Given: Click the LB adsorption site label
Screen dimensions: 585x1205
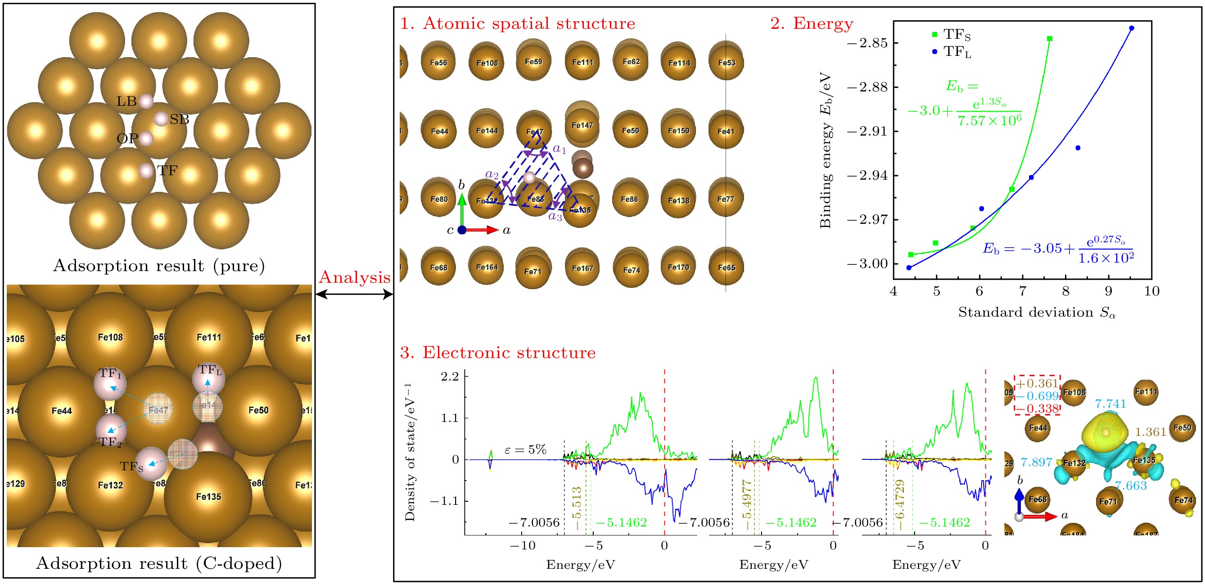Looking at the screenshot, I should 126,101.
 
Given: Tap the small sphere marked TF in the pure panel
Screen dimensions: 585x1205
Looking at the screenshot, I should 146,171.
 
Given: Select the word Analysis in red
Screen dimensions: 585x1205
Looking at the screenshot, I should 354,277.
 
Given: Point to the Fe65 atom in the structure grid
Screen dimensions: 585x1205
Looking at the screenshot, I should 726,268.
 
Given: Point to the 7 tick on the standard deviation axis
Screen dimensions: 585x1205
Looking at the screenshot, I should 1023,291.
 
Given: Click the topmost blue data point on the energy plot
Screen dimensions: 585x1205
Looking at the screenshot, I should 1132,28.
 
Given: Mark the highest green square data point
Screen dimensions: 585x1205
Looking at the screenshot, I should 1049,38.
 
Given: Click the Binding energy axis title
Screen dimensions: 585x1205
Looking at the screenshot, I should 826,150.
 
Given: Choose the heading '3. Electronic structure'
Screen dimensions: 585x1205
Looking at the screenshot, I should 498,353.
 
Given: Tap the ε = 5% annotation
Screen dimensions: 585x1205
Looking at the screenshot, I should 525,450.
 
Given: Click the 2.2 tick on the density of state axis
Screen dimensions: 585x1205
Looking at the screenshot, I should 449,376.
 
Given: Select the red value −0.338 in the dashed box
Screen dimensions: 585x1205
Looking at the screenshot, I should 1038,408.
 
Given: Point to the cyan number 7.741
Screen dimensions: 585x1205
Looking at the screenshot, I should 1110,404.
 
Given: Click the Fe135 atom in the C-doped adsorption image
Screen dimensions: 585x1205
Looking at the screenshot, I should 208,497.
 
